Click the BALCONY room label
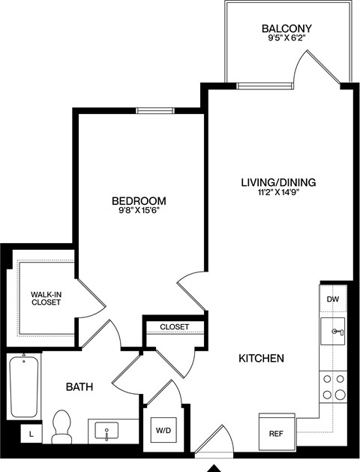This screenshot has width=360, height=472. [286, 29]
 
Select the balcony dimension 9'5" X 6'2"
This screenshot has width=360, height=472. [286, 41]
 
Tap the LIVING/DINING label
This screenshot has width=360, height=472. [278, 182]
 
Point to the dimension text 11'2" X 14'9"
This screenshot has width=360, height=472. [278, 193]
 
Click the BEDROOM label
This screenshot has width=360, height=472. [139, 201]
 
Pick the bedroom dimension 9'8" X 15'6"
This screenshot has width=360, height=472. [139, 212]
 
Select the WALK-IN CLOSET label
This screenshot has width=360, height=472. [46, 298]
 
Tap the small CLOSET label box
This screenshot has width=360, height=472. [175, 327]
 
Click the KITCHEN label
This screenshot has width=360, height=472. [261, 359]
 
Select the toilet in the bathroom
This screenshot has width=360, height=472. [62, 425]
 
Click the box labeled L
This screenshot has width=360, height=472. [31, 433]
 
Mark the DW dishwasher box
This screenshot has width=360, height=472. [333, 299]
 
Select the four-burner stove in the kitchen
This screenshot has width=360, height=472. [334, 387]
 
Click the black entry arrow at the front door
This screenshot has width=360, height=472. [213, 466]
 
